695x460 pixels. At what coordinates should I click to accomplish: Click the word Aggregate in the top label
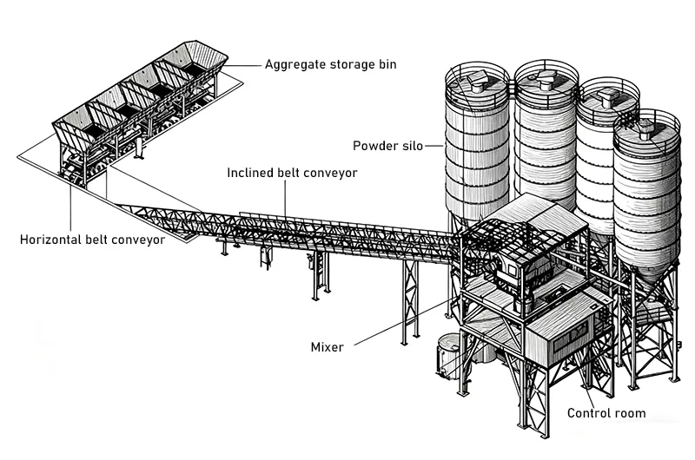click(296, 64)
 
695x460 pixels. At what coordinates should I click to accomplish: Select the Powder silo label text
click(387, 145)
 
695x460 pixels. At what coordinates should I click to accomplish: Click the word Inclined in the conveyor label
click(252, 173)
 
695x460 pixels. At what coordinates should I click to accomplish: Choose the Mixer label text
click(327, 347)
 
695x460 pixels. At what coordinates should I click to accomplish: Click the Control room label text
click(606, 413)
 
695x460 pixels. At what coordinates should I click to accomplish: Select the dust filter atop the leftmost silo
click(475, 82)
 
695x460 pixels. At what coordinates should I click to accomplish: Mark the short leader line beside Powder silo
click(435, 146)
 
